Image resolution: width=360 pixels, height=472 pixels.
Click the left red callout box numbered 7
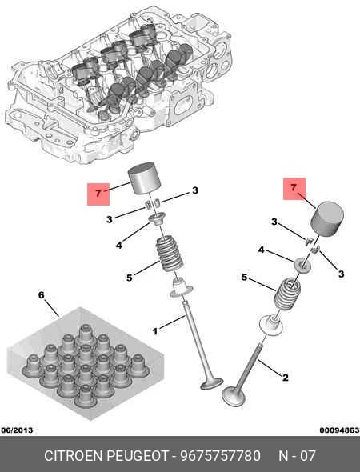[98, 194]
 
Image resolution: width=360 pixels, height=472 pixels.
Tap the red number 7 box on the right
[294, 189]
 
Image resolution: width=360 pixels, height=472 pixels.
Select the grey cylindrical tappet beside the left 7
[145, 178]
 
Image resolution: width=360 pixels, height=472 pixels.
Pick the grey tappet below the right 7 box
[327, 218]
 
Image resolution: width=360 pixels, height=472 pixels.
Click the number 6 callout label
[42, 295]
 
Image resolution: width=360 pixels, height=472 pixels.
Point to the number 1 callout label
[154, 332]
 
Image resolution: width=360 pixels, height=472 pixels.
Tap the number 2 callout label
[285, 378]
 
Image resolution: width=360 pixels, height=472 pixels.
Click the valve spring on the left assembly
[169, 254]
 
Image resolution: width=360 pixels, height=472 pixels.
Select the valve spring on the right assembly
[287, 294]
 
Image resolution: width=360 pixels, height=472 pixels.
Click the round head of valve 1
[212, 384]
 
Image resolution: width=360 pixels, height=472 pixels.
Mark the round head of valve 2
[234, 396]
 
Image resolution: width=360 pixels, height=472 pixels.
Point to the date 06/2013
[17, 430]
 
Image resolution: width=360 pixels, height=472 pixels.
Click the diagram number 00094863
[339, 430]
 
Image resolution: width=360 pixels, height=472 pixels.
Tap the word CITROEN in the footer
[74, 456]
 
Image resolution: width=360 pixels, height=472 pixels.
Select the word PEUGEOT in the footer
[138, 456]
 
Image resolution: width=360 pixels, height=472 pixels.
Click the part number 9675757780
[220, 456]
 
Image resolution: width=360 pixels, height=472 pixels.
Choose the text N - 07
[297, 456]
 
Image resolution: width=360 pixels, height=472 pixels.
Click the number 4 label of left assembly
[119, 246]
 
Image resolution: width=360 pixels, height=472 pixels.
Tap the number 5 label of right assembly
[245, 277]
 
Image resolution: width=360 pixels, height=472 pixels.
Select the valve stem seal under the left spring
[182, 287]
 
